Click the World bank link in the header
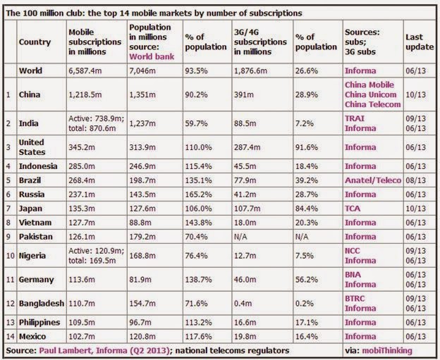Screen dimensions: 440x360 [152, 56]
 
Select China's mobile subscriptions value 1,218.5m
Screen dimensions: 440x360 [85, 95]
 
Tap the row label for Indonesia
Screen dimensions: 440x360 [38, 166]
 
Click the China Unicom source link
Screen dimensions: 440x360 [371, 95]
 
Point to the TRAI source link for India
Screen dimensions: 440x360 [355, 118]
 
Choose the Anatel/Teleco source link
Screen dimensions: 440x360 [373, 180]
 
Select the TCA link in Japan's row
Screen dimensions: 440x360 [353, 209]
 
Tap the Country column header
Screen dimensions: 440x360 [35, 42]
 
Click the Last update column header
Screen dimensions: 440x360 [420, 42]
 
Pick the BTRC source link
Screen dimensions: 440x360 [355, 299]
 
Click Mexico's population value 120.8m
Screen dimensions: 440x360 [142, 337]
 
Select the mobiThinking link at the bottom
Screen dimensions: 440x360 [387, 351]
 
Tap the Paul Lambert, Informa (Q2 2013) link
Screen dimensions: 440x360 [104, 351]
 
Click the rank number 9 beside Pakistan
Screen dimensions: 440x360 [8, 237]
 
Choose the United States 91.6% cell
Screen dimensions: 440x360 [307, 147]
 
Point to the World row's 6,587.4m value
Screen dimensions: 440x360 [85, 70]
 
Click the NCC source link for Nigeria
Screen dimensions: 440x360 [352, 251]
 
